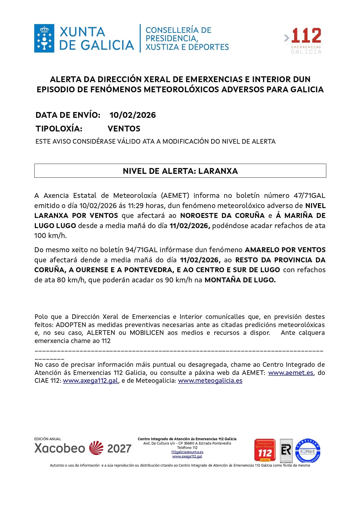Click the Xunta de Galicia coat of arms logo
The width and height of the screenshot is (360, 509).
point(44,38)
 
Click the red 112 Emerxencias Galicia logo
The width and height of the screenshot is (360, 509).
point(303,40)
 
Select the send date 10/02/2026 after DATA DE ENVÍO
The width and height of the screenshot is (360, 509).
point(133,115)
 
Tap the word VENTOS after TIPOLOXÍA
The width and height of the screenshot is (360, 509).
point(124,129)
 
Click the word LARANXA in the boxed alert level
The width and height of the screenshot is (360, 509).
point(218,171)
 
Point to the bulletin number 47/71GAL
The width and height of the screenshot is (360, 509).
point(309,196)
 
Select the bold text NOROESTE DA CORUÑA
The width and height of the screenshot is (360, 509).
point(222,216)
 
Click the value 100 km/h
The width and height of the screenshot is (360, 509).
point(50,236)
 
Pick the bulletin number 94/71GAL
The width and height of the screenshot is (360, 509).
point(141,250)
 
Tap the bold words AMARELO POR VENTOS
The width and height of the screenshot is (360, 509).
point(285,250)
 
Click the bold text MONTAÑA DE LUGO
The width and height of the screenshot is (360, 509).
point(240,280)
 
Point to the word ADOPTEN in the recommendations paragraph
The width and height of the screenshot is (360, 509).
point(71,325)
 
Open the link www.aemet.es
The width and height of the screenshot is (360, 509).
point(290,373)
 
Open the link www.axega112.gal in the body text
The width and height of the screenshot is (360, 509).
point(90,381)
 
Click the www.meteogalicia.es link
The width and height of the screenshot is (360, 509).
point(210,381)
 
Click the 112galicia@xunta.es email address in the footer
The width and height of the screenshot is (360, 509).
point(187,452)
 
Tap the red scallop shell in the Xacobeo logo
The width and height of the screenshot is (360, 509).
point(96,448)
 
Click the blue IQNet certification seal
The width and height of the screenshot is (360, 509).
point(307,451)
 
